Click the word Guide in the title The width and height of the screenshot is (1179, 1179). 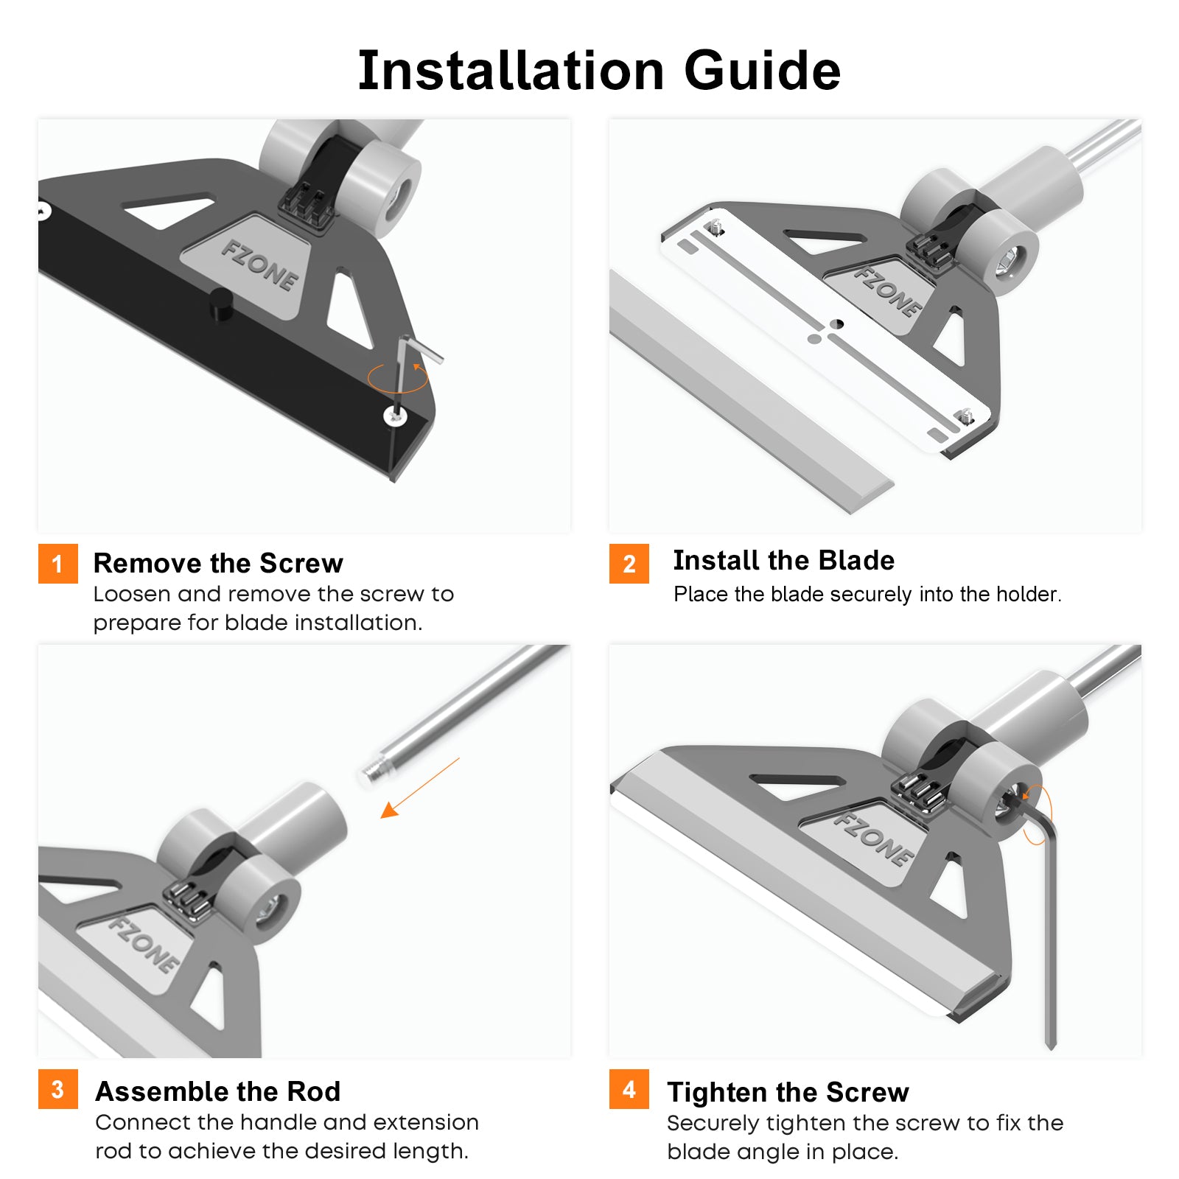pos(762,71)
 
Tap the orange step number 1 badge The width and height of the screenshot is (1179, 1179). pos(57,564)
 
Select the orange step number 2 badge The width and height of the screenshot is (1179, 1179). pos(629,564)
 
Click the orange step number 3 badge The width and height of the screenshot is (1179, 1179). pos(57,1089)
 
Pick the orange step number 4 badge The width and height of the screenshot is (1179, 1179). pos(629,1089)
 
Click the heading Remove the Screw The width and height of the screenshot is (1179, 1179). pos(218,563)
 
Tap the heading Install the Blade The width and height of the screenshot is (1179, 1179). pos(783,560)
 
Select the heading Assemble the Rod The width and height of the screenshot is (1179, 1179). pos(218,1091)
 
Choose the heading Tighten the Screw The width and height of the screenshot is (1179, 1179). pos(788,1092)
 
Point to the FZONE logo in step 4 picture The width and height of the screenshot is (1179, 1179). pos(874,839)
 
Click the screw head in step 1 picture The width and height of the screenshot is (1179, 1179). pos(396,416)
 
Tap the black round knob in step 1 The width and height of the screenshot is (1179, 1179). pos(221,304)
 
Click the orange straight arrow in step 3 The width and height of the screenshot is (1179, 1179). pos(419,788)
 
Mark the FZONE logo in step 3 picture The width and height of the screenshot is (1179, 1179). pos(144,943)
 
